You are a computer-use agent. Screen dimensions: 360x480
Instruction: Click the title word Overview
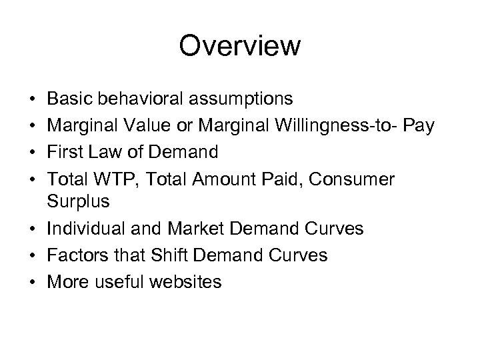coord(240,47)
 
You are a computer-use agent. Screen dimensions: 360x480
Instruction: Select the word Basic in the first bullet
coord(71,99)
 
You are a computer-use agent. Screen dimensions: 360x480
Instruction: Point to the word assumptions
coord(237,99)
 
